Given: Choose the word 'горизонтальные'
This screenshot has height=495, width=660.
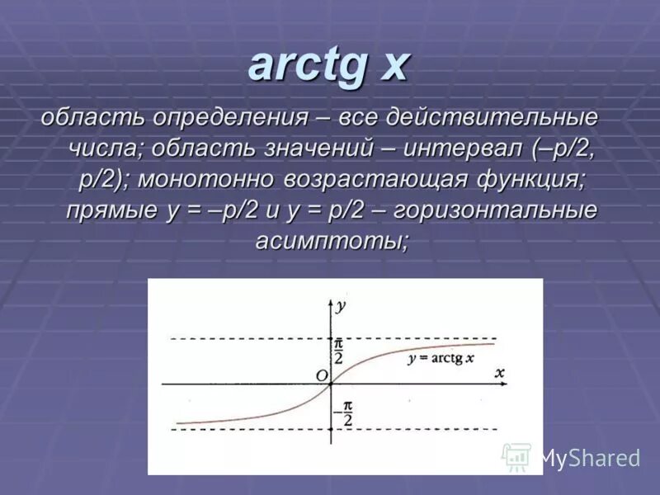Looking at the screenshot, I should [495, 210].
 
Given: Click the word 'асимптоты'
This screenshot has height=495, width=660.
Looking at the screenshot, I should [329, 240].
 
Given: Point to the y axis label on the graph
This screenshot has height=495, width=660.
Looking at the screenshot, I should [340, 305].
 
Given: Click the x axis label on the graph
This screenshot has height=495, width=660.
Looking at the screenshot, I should [499, 373].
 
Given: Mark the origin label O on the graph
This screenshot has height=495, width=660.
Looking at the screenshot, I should [321, 375].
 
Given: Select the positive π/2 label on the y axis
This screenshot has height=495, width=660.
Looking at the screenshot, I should [338, 351].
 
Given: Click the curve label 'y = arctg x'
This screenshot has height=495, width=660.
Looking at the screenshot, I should [441, 358].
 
